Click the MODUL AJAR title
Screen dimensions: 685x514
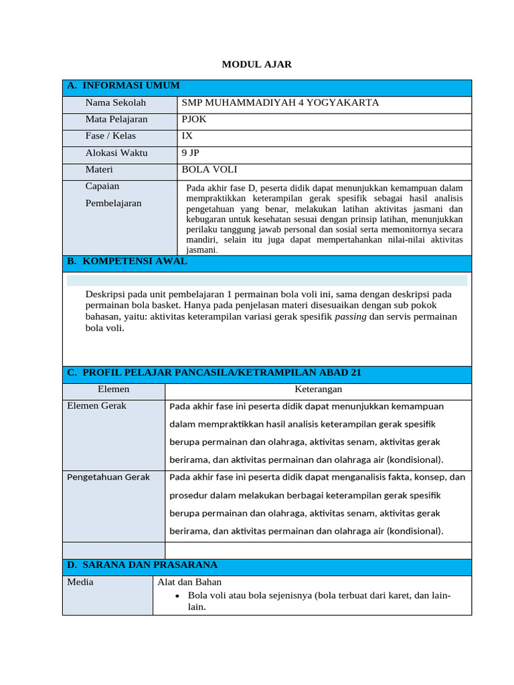tap(257, 64)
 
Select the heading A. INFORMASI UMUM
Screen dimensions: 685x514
tap(123, 86)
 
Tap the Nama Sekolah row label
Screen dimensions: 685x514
tap(116, 103)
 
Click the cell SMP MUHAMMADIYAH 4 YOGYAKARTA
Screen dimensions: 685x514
tap(280, 103)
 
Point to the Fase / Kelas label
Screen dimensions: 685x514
tap(110, 136)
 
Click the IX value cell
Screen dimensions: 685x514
tap(187, 136)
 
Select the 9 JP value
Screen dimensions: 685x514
tap(191, 153)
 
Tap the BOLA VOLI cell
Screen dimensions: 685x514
tap(209, 170)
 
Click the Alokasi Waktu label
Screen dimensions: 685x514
tap(116, 153)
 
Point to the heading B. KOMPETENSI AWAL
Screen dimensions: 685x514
tap(127, 262)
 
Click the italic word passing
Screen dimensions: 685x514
tap(350, 316)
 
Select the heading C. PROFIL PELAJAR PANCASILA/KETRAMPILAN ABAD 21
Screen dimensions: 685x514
tap(214, 373)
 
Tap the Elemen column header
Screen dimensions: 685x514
tap(114, 389)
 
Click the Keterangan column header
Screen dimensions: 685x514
tap(319, 389)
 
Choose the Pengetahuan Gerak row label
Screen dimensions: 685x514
tap(108, 477)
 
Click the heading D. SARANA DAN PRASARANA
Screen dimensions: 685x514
tap(142, 565)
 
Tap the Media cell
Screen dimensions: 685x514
tap(80, 582)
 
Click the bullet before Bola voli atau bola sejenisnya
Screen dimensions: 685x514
tap(177, 595)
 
